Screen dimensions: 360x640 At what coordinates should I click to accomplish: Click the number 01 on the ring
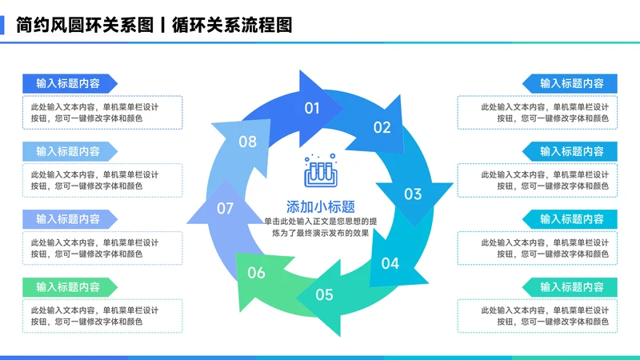click(312, 108)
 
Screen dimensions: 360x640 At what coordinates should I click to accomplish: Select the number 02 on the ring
click(382, 126)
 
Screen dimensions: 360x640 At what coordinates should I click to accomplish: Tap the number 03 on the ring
click(412, 194)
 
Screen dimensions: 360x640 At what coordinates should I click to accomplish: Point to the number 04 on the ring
click(390, 262)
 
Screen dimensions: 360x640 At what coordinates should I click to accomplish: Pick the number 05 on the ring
click(324, 294)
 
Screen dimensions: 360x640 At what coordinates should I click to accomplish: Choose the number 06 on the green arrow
click(256, 273)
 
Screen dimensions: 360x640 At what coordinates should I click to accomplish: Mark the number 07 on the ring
click(225, 209)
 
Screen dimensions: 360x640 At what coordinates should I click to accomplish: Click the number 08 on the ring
click(248, 142)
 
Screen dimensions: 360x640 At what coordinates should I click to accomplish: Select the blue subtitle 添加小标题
click(320, 205)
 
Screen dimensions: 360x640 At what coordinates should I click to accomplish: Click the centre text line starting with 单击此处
click(320, 220)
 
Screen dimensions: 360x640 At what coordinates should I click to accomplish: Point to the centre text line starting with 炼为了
click(320, 233)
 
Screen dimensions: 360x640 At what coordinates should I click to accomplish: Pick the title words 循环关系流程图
click(232, 25)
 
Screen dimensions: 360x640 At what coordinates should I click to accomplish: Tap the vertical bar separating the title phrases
click(163, 25)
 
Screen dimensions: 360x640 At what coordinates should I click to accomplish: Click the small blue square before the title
click(3, 25)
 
